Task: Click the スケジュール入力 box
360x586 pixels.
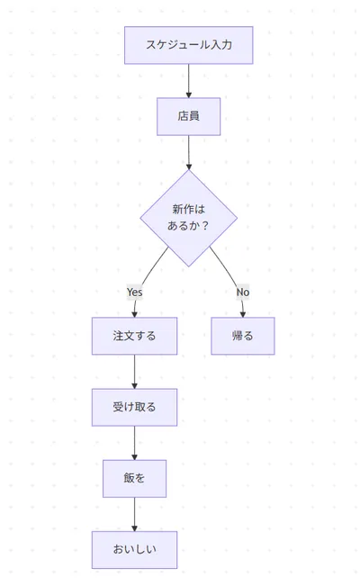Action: pos(188,45)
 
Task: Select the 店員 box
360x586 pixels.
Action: pos(188,116)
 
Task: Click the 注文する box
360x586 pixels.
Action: pos(134,336)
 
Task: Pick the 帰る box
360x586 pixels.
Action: pos(242,336)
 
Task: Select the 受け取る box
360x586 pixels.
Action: pos(134,407)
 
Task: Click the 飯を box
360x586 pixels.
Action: pos(134,478)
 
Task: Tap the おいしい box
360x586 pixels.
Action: pos(134,549)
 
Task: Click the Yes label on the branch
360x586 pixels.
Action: pos(134,292)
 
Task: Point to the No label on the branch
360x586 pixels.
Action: pos(242,292)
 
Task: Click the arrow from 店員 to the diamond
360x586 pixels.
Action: pos(188,151)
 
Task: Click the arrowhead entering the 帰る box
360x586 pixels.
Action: pos(242,313)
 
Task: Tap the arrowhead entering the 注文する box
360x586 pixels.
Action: pos(134,313)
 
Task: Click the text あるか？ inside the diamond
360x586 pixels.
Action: pos(188,226)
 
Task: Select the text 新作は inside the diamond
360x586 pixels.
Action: pos(188,209)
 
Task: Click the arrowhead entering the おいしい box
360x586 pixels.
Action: pos(134,527)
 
